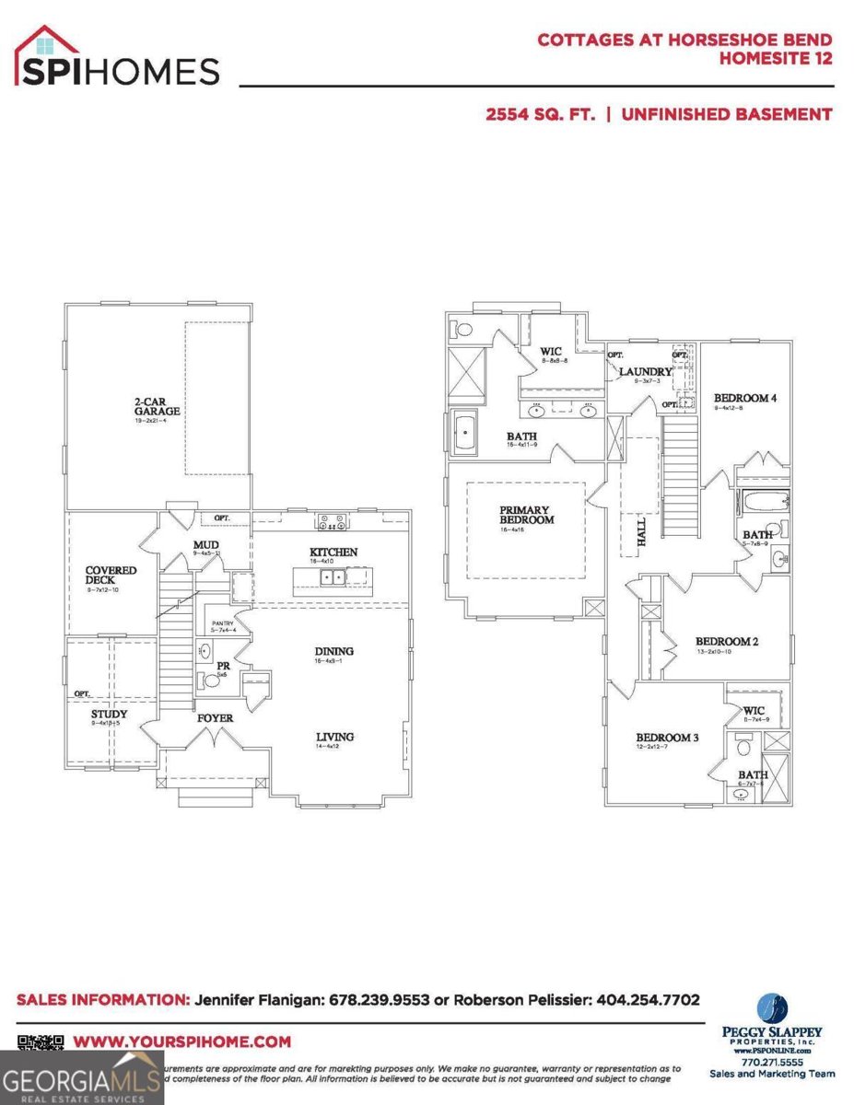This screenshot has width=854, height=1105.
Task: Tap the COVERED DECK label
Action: (111, 576)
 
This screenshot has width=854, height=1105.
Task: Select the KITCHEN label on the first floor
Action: (333, 552)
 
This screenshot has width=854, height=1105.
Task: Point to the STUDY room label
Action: (109, 714)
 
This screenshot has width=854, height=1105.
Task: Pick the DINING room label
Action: (333, 652)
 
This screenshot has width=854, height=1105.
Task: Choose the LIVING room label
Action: (334, 737)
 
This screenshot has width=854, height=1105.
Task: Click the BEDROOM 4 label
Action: (745, 399)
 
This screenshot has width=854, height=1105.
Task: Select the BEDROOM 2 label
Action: (726, 642)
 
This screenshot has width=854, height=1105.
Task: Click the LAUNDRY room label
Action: (646, 372)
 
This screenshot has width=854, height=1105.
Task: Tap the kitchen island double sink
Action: (332, 577)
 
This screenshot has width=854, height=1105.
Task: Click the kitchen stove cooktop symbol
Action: (332, 522)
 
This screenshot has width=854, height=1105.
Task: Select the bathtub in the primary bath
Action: (466, 433)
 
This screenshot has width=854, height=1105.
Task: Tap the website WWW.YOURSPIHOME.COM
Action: (181, 1042)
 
